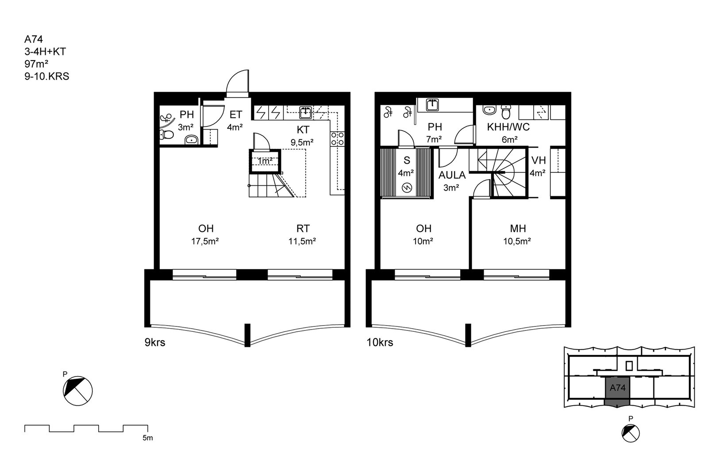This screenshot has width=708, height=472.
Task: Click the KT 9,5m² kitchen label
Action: [302, 136]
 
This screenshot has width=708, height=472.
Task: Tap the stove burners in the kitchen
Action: [337, 139]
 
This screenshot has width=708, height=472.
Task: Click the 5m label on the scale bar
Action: [148, 438]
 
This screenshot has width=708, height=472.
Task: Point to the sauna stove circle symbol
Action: [407, 188]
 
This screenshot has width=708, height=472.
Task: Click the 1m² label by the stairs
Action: [265, 161]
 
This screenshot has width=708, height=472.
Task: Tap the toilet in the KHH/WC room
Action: [506, 112]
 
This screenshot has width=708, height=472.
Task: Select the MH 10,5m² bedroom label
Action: [517, 235]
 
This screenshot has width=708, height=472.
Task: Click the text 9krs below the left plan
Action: [155, 342]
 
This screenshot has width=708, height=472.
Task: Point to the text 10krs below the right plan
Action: [380, 342]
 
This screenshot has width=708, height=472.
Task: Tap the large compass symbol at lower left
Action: [78, 391]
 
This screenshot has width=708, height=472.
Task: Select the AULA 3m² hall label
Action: [452, 181]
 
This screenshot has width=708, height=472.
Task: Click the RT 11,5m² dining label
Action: [302, 235]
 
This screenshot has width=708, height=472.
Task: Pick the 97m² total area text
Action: [36, 64]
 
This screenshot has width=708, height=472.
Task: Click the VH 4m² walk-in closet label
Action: [538, 166]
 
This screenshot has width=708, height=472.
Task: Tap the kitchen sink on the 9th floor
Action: [306, 113]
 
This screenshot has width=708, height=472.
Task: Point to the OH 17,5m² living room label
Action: [205, 235]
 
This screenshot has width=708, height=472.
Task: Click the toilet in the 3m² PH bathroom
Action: [166, 135]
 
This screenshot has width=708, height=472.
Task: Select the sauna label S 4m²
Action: [406, 166]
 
